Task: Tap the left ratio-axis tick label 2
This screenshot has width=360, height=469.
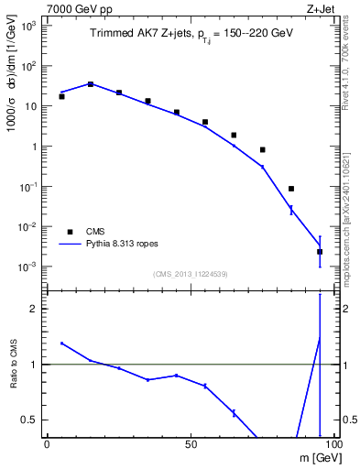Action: pos(37,309)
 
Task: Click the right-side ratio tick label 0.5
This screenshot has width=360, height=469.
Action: pos(346,420)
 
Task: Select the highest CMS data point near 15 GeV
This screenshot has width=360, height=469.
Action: pos(90,83)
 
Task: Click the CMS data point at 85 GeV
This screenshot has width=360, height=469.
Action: pos(291,189)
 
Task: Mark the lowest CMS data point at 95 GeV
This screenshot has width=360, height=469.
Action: pos(320,251)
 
